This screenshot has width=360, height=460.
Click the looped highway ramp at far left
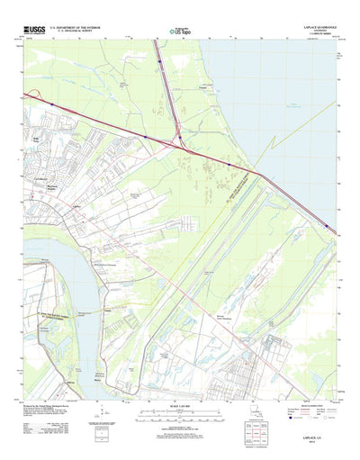34,95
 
